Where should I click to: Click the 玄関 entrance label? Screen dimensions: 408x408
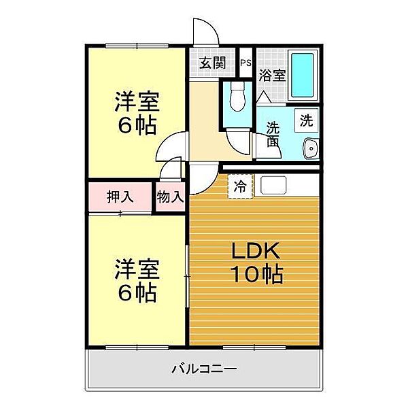coord(212,63)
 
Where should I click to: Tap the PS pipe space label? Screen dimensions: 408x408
coord(245,63)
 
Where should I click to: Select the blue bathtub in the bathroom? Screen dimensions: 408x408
coord(302,75)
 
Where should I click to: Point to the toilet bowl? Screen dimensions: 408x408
coord(238,97)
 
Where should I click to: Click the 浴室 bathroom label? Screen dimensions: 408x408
coord(272,75)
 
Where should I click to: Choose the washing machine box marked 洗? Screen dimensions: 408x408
coord(307,120)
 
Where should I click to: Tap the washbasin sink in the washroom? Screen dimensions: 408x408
coord(311,148)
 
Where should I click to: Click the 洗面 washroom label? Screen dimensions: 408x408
coord(273,135)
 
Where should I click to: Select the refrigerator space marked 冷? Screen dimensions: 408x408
coord(241,186)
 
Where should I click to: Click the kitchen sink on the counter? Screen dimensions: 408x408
coord(273,185)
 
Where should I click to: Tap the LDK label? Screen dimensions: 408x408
coord(256,250)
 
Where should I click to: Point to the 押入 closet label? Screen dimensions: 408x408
coord(120,197)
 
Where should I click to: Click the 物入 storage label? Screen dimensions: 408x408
coord(171,197)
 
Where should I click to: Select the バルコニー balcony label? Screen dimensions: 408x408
coord(204,369)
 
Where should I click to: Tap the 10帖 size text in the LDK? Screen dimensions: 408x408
coord(256,274)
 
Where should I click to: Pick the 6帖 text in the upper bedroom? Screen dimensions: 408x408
coord(137,125)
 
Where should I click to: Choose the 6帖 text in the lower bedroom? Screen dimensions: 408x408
coord(137,292)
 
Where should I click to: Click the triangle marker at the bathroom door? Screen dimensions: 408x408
coord(264,97)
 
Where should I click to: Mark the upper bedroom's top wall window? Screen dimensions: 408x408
coord(137,46)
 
